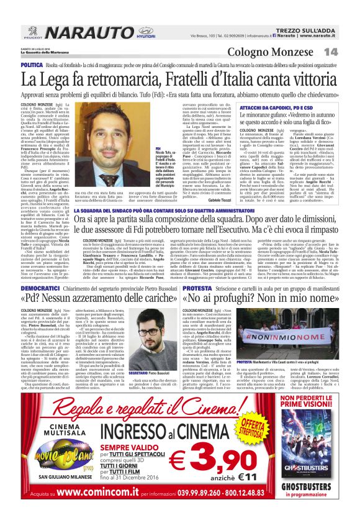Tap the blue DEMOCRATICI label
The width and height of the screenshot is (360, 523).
40,289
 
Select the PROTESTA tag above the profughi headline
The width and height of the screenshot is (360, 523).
197,289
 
